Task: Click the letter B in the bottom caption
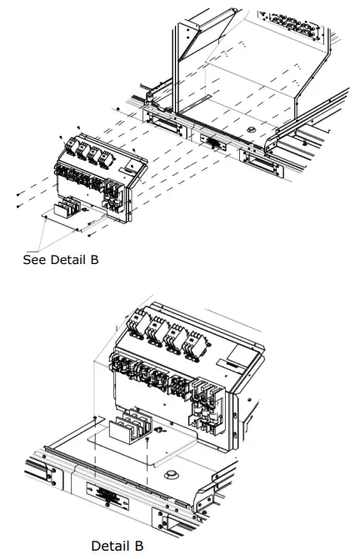[x=148, y=546]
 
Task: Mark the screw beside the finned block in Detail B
[x=157, y=430]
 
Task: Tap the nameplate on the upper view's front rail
[x=213, y=142]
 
